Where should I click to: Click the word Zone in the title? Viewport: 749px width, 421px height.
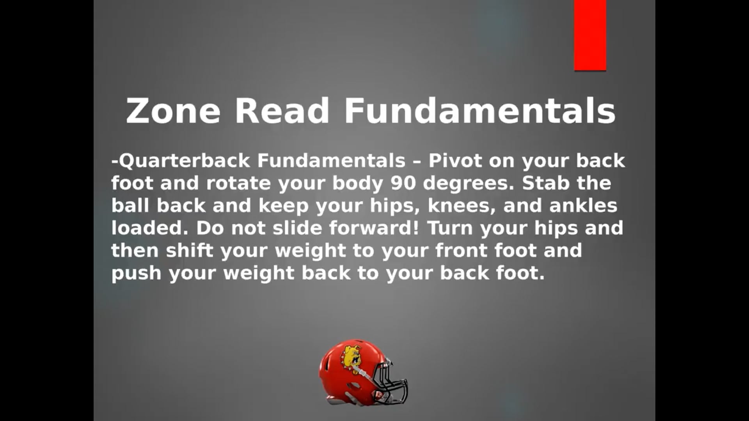173,111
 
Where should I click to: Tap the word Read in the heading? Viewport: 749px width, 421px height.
282,111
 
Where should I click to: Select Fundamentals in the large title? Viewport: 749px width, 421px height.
480,111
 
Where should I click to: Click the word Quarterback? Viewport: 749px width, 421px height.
184,161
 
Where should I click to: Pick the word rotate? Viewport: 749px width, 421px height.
238,183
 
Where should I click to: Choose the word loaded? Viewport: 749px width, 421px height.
150,228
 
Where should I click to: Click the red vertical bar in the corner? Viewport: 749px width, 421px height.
590,35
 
